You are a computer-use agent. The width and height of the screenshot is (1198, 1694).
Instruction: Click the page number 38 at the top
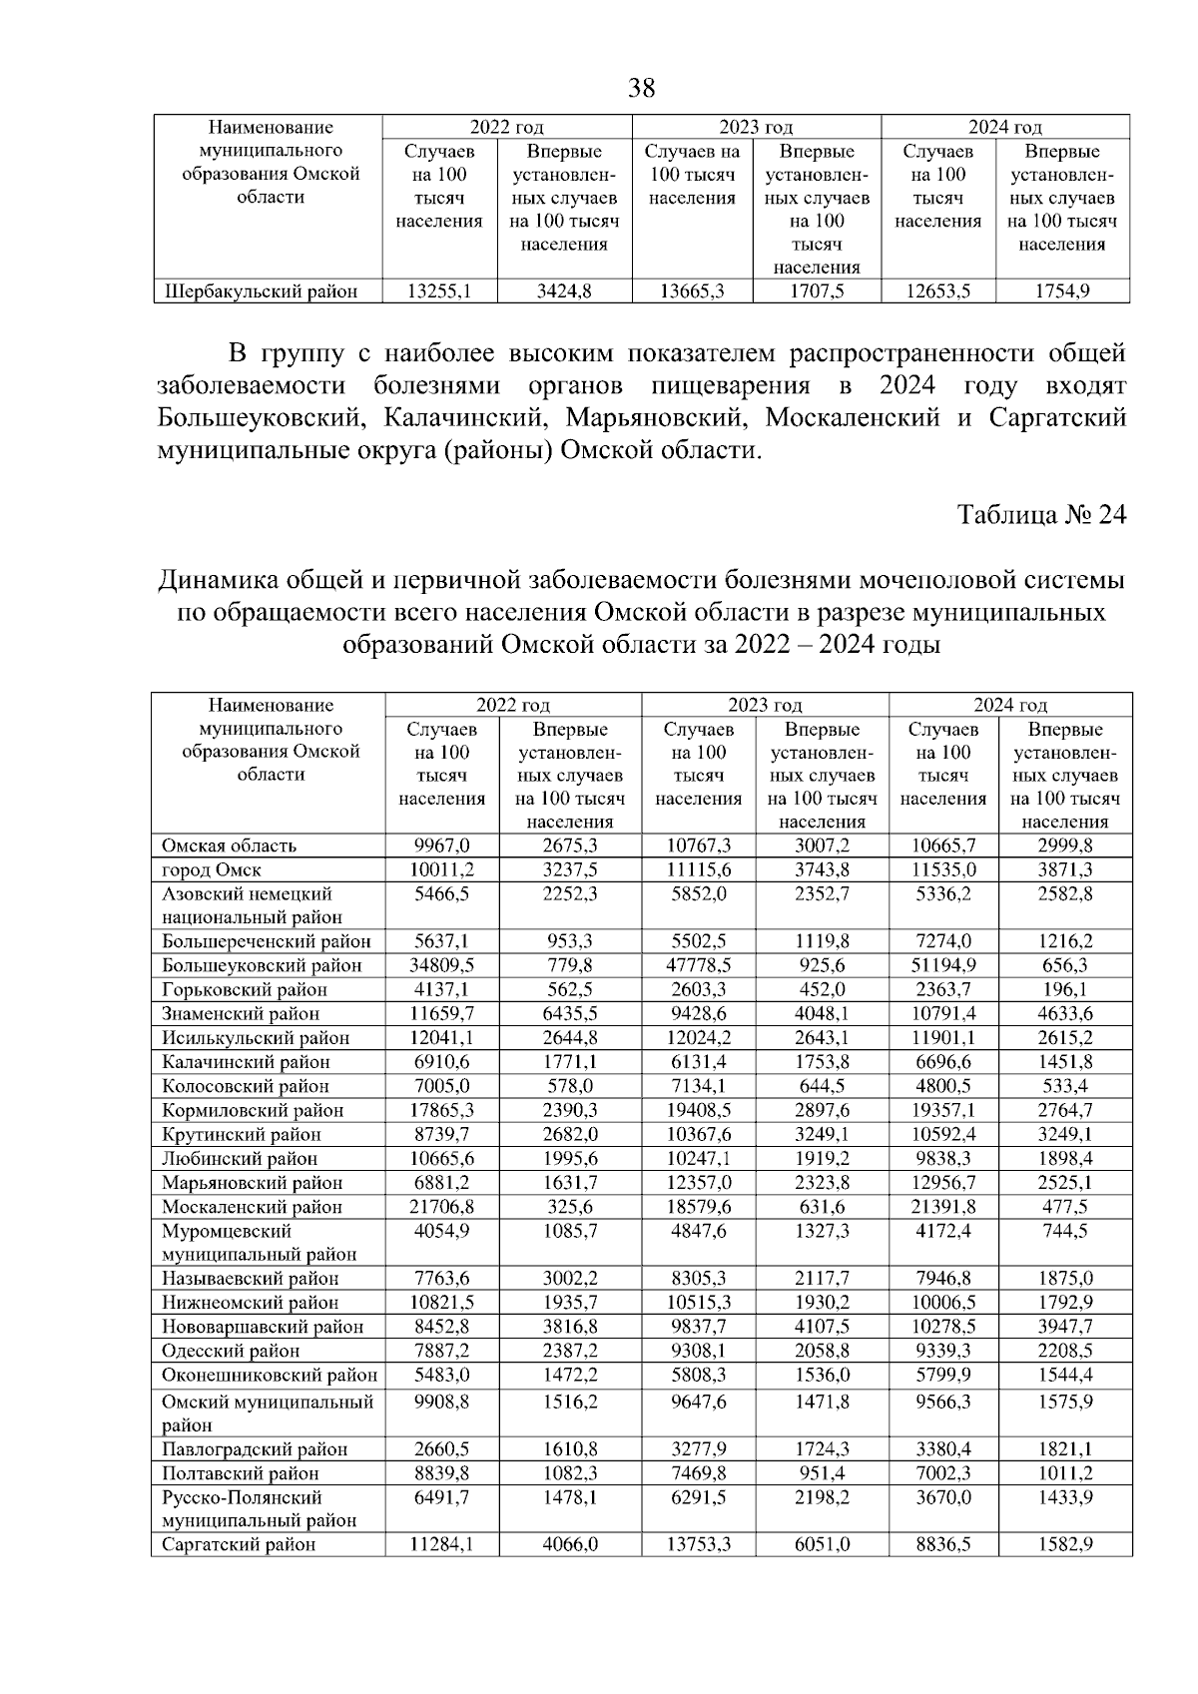click(x=642, y=89)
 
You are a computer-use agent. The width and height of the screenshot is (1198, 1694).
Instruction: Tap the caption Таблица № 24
click(x=1041, y=515)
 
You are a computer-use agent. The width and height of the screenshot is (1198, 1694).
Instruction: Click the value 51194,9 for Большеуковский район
click(x=942, y=965)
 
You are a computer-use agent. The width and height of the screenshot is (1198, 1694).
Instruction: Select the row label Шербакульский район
click(x=261, y=292)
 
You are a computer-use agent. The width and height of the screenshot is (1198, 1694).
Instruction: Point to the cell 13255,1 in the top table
click(x=439, y=292)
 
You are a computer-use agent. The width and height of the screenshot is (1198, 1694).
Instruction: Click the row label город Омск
click(x=212, y=869)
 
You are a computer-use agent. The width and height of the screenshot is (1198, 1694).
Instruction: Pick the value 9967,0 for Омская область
click(x=441, y=846)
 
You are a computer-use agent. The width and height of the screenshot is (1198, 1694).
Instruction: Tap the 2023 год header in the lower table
click(x=765, y=706)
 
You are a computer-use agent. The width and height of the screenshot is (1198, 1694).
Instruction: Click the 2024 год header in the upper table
click(x=1004, y=127)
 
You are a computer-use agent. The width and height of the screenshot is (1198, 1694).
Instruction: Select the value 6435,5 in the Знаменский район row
click(x=569, y=1014)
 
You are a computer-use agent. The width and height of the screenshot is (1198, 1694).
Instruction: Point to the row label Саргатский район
click(x=239, y=1544)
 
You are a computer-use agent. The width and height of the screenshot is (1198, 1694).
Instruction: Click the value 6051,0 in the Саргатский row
click(x=822, y=1544)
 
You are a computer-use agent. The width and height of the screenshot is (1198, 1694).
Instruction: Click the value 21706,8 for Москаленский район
click(x=441, y=1206)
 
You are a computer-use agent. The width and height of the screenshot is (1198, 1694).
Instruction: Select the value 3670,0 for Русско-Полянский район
click(x=942, y=1497)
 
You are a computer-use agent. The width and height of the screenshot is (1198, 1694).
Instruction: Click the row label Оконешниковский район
click(x=270, y=1375)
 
